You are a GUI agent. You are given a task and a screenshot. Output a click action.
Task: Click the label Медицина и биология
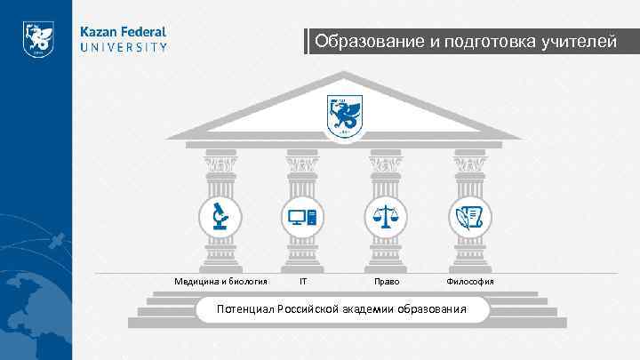tap(221, 282)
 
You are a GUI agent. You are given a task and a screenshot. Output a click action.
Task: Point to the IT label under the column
tap(303, 282)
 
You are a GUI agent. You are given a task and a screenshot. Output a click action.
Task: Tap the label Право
tap(387, 282)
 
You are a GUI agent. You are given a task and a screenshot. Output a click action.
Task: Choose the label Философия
tap(470, 282)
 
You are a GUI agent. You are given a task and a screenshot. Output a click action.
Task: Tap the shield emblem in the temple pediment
tap(344, 116)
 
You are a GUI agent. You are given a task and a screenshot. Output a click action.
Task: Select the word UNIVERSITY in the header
tap(124, 48)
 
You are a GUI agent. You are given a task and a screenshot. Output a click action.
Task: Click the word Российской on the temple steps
tap(307, 309)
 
